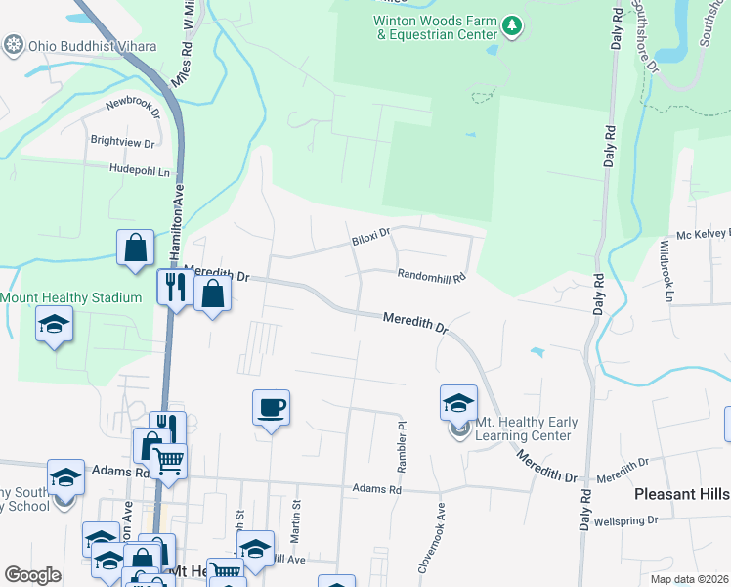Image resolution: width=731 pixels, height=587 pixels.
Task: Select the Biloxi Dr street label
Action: point(370,235)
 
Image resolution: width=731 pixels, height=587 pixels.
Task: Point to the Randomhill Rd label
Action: point(430,276)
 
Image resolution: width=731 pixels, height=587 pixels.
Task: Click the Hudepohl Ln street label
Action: point(140,170)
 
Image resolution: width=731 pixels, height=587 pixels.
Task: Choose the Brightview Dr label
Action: point(122,142)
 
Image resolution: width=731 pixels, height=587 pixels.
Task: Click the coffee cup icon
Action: point(271,406)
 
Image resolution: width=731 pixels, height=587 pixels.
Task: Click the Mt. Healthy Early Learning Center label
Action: point(526,429)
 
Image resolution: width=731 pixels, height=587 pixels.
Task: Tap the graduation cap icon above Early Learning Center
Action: point(458,401)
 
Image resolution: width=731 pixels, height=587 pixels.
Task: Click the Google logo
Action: point(33,575)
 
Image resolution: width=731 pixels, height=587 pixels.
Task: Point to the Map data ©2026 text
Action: point(688,579)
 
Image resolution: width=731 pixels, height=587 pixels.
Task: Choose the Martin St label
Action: point(296,517)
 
